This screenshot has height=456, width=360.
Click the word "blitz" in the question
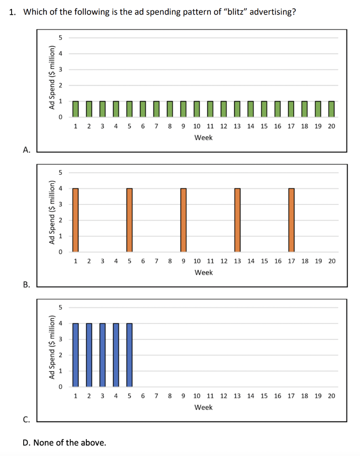[236, 12]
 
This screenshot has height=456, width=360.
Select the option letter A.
[27, 150]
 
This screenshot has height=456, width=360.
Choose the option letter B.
[27, 285]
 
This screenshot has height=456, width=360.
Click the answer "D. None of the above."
[65, 442]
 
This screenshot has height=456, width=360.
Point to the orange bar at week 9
[183, 220]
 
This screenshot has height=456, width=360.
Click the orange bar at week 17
[291, 220]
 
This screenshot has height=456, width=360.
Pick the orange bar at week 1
[75, 220]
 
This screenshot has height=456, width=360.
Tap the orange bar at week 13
[237, 220]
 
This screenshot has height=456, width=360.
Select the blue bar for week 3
[102, 355]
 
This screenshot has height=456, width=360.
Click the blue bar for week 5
[129, 355]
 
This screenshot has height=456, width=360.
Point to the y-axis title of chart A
[52, 77]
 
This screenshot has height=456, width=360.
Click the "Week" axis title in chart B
[203, 273]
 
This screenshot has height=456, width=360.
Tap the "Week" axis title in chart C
[203, 407]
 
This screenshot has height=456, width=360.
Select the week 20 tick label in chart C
[332, 395]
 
